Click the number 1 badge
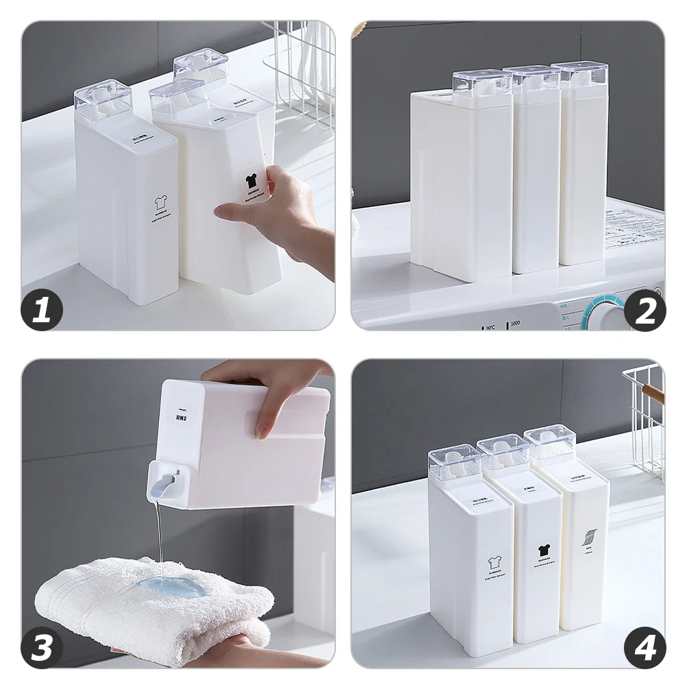click(x=42, y=311)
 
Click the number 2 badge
click(x=645, y=311)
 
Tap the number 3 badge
click(x=42, y=647)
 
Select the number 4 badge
click(x=645, y=647)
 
